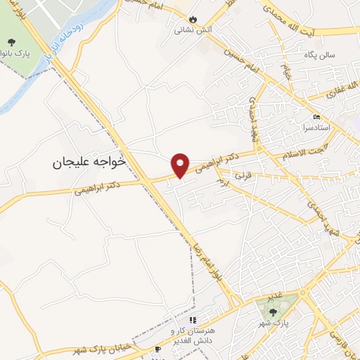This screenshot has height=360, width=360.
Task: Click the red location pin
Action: click(x=181, y=165)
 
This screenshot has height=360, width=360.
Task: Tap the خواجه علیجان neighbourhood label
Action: click(x=89, y=162)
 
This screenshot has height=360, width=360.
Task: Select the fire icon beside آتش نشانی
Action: click(x=195, y=20)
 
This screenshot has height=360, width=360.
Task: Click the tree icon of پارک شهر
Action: click(x=273, y=312)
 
